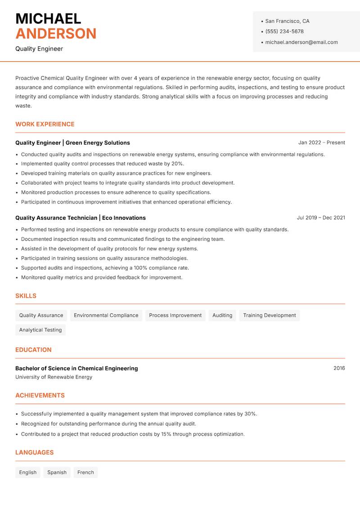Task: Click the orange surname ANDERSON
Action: click(56, 34)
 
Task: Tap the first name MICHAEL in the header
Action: click(48, 18)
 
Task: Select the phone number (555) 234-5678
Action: click(284, 31)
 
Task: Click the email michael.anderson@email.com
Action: click(301, 42)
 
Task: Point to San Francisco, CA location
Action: click(287, 21)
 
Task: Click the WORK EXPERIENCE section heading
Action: click(45, 124)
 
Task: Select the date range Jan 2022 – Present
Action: click(321, 143)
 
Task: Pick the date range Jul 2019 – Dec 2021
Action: click(321, 218)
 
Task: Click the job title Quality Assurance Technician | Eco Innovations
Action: click(81, 218)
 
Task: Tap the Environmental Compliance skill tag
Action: click(106, 315)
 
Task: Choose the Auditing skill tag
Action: click(222, 315)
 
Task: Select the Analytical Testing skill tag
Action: click(40, 330)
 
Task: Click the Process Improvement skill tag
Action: click(175, 315)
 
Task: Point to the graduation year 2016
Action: click(339, 368)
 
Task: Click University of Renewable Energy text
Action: click(54, 377)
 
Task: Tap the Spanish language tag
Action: click(57, 472)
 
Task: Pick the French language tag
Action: click(85, 472)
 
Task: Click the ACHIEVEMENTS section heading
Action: click(40, 395)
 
